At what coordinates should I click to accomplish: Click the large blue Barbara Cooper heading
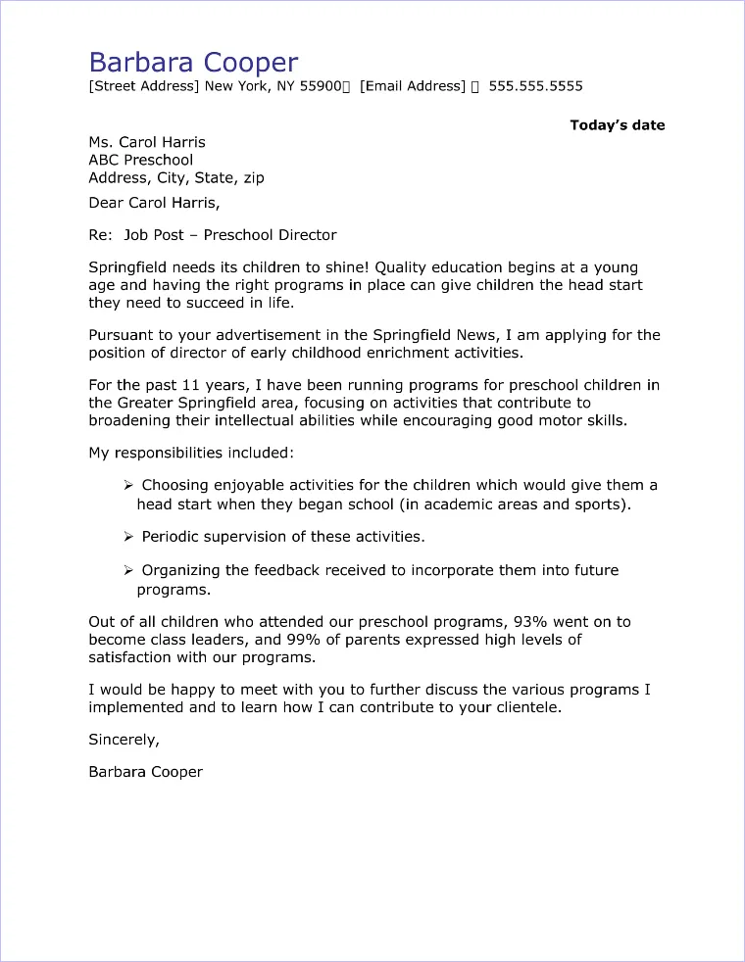click(x=193, y=63)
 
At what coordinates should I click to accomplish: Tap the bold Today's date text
click(x=617, y=125)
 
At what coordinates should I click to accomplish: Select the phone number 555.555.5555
click(x=535, y=86)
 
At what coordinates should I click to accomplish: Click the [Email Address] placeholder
click(x=412, y=86)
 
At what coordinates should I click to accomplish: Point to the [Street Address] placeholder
click(x=144, y=86)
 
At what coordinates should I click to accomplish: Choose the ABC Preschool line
click(x=140, y=160)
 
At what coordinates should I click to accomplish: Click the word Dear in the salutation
click(x=106, y=204)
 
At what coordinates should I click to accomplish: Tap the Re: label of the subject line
click(x=101, y=235)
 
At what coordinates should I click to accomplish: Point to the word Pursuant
click(x=121, y=335)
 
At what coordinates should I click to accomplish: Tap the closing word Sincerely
click(x=124, y=739)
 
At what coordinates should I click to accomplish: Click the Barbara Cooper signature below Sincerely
click(x=145, y=772)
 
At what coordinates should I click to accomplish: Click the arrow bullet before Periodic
click(x=128, y=537)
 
